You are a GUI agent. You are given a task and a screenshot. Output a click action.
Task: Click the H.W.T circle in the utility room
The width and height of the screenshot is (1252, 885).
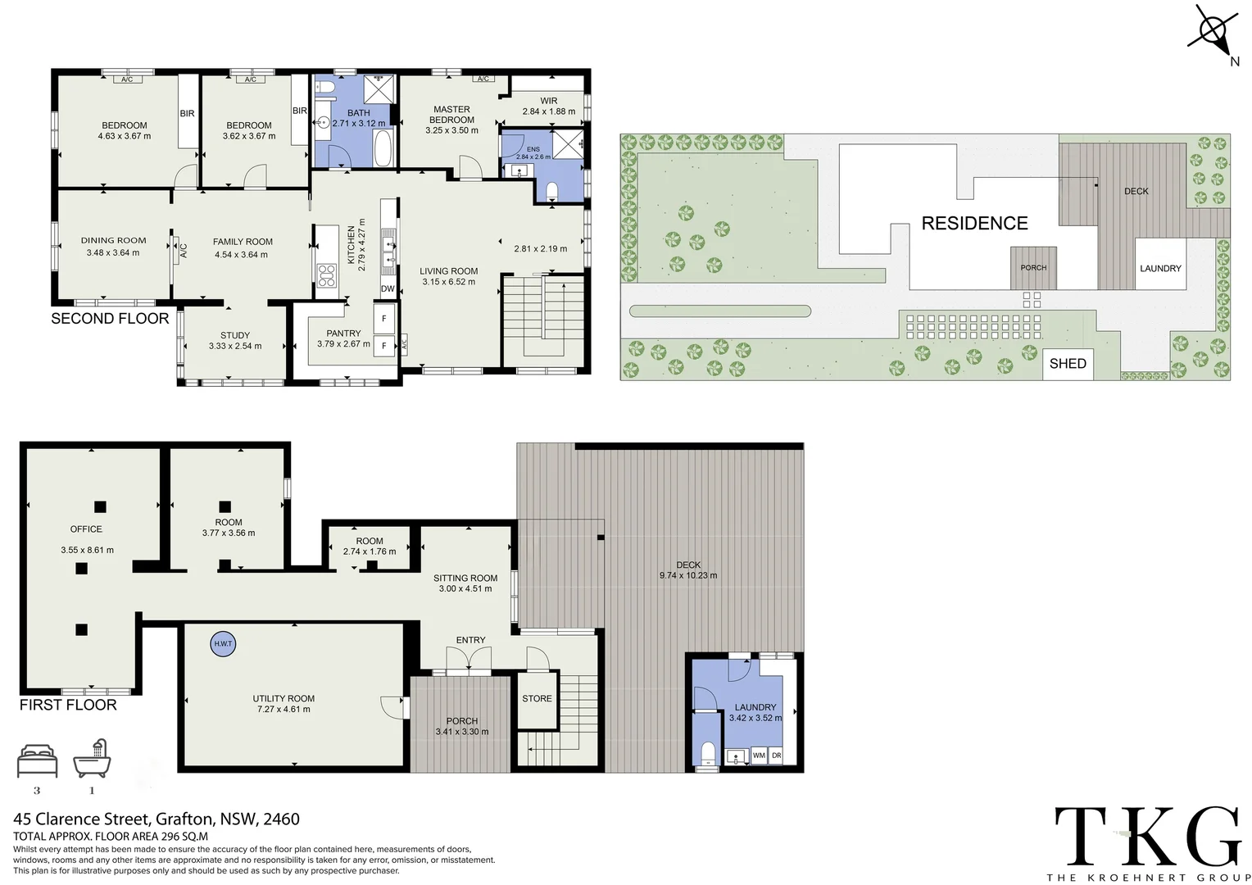point(223,644)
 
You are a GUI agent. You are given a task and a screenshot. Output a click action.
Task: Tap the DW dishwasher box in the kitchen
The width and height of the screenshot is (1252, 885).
point(388,288)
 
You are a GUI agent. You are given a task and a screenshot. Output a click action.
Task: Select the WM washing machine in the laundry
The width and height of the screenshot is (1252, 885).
point(759,756)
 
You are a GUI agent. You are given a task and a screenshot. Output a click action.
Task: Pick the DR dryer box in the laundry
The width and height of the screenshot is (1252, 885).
point(776,756)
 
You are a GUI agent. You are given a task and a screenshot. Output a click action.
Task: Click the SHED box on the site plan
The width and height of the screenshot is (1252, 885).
point(1068,364)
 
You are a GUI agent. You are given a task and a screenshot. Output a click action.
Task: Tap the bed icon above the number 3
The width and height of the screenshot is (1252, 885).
point(38,761)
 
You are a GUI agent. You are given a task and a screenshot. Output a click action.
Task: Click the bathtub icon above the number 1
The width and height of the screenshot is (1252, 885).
point(93,758)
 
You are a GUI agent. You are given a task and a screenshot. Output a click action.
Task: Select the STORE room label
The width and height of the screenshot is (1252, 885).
point(538,698)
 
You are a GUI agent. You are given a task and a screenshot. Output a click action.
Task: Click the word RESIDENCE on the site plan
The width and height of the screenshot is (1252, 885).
point(974,224)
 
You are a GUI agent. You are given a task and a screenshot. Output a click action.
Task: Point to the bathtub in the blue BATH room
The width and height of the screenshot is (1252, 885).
point(383,147)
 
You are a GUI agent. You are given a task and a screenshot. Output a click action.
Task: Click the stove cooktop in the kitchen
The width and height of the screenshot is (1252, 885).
point(327,275)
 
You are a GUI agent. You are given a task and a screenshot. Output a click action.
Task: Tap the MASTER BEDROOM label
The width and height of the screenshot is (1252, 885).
point(451,115)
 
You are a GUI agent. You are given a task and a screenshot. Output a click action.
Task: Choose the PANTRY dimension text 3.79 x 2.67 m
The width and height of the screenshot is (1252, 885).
point(344,344)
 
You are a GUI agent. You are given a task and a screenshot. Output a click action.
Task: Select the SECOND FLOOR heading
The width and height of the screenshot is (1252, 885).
point(110,319)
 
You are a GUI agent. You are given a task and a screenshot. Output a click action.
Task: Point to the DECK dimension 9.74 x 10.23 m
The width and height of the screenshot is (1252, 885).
point(688,575)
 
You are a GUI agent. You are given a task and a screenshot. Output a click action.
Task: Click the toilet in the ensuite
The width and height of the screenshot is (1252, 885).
point(551,191)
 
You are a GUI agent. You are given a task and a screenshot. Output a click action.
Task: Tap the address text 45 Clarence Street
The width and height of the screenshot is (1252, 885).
point(82,819)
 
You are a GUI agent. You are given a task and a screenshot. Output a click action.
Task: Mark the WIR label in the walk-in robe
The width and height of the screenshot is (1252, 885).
point(549,101)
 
